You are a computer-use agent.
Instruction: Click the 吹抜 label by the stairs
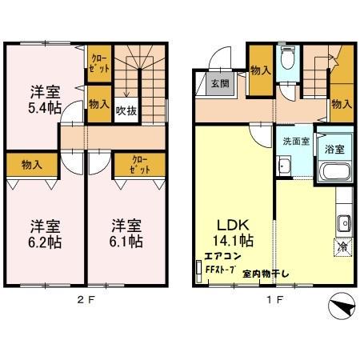tap(126, 110)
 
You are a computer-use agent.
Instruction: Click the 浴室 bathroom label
tap(334, 148)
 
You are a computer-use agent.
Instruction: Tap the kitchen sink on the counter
tap(345, 222)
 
